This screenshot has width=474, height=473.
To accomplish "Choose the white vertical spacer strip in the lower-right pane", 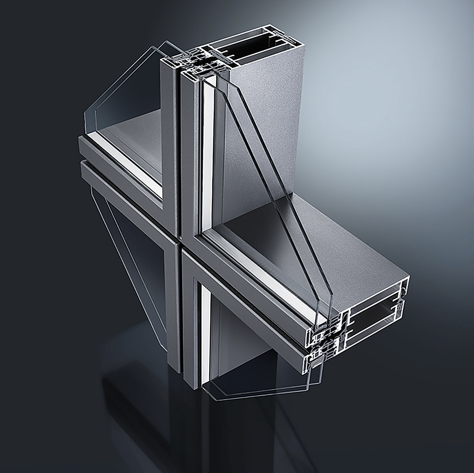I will click(205, 333).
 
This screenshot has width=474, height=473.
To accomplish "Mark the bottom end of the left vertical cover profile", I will click(174, 366).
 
